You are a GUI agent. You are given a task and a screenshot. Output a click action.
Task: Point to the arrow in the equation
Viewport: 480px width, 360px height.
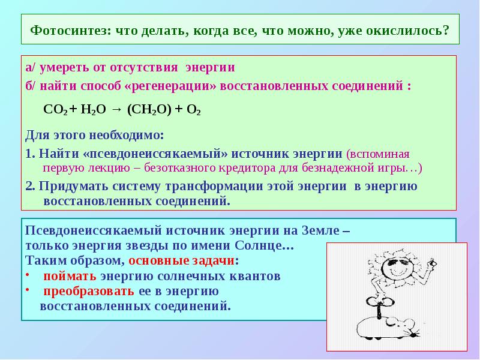[116, 110]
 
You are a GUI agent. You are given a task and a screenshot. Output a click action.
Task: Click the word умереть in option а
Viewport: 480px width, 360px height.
[62, 67]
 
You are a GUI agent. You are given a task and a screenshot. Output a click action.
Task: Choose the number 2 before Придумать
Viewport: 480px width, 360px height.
[29, 185]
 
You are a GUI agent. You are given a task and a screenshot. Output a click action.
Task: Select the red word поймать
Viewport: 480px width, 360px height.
[70, 277]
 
